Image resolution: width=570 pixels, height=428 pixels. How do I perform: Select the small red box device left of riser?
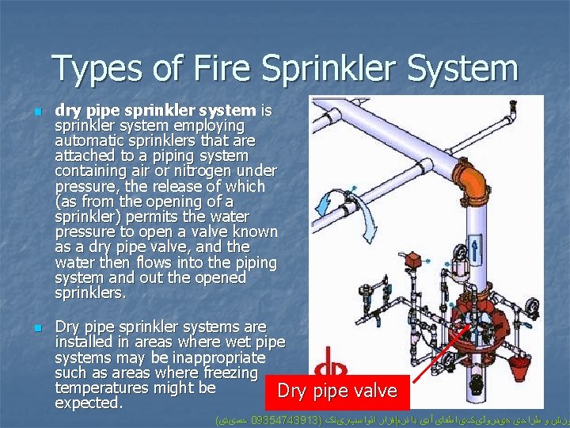click(412, 261)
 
